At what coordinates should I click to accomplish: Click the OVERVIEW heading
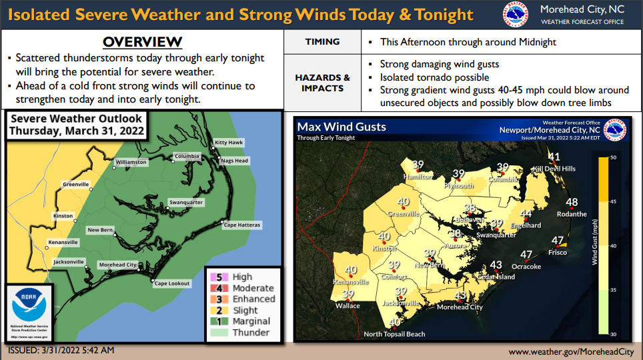(142, 42)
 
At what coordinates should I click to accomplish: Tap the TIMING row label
(322, 41)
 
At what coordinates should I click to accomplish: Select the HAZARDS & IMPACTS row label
(322, 83)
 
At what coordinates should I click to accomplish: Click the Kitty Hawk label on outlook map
(229, 143)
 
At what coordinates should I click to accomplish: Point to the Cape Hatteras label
(241, 225)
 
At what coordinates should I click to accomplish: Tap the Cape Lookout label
(172, 283)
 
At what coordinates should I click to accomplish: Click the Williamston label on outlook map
(131, 162)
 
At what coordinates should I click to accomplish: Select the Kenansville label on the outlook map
(63, 242)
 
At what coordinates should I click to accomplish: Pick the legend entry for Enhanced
(253, 299)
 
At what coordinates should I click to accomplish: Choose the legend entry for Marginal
(251, 321)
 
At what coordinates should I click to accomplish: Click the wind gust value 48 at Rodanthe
(572, 203)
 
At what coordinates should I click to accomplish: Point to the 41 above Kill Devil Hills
(554, 157)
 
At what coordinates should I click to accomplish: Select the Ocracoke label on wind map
(526, 267)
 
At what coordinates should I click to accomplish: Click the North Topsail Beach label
(394, 334)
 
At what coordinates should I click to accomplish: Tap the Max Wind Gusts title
(342, 127)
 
